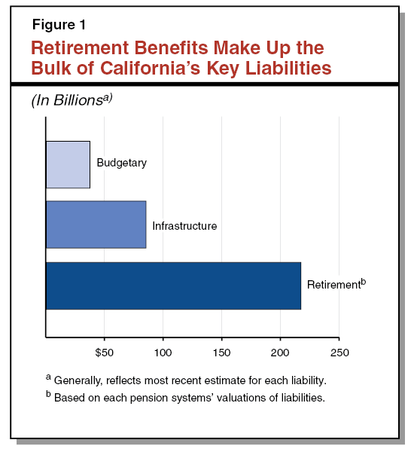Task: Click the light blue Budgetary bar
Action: click(x=68, y=164)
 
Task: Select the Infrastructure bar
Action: click(x=96, y=224)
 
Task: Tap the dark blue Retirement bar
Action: click(x=173, y=286)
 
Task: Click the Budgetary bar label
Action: click(x=122, y=163)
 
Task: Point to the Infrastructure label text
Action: click(x=184, y=226)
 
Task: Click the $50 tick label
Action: click(x=105, y=353)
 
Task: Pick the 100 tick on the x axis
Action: click(x=163, y=353)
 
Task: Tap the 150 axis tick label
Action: click(x=221, y=353)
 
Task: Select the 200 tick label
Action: click(x=280, y=353)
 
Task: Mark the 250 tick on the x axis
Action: click(x=339, y=353)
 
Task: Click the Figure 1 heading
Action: click(x=59, y=25)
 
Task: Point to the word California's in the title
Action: click(x=150, y=68)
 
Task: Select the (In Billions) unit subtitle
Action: click(x=72, y=100)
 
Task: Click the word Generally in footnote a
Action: click(x=78, y=380)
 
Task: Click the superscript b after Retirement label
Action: click(x=364, y=281)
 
